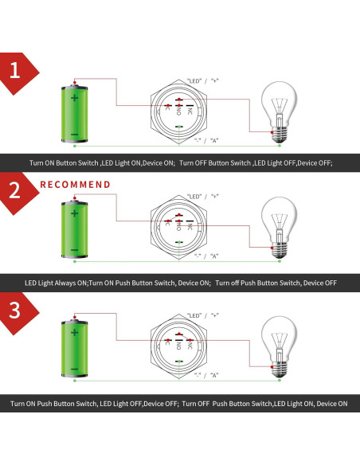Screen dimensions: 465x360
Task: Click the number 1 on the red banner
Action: pos(14,72)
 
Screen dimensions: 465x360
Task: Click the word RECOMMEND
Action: pos(76,185)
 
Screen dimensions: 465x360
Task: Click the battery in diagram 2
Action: pos(74,230)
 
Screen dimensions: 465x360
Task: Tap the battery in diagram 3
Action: pos(74,349)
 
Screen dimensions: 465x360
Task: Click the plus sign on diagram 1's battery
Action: pos(74,98)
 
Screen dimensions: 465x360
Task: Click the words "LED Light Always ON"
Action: pos(56,283)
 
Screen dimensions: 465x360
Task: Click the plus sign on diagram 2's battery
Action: pos(74,213)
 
